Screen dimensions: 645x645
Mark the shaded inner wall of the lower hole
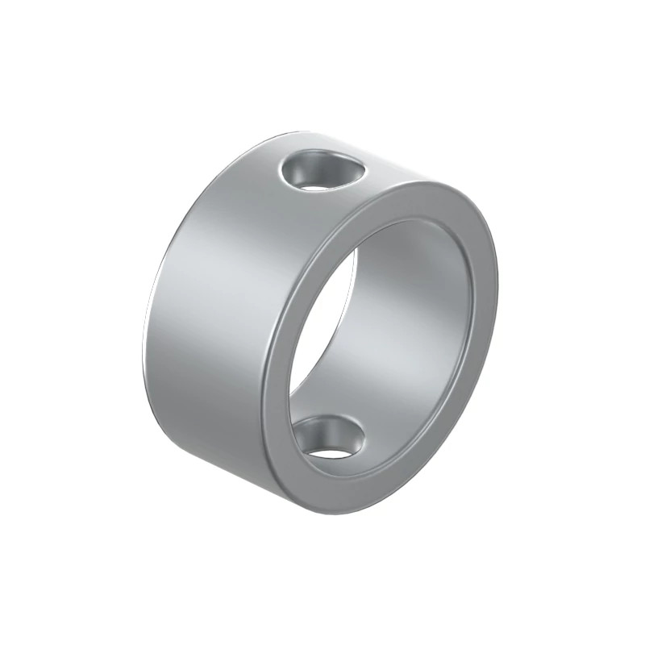pos(317,431)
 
